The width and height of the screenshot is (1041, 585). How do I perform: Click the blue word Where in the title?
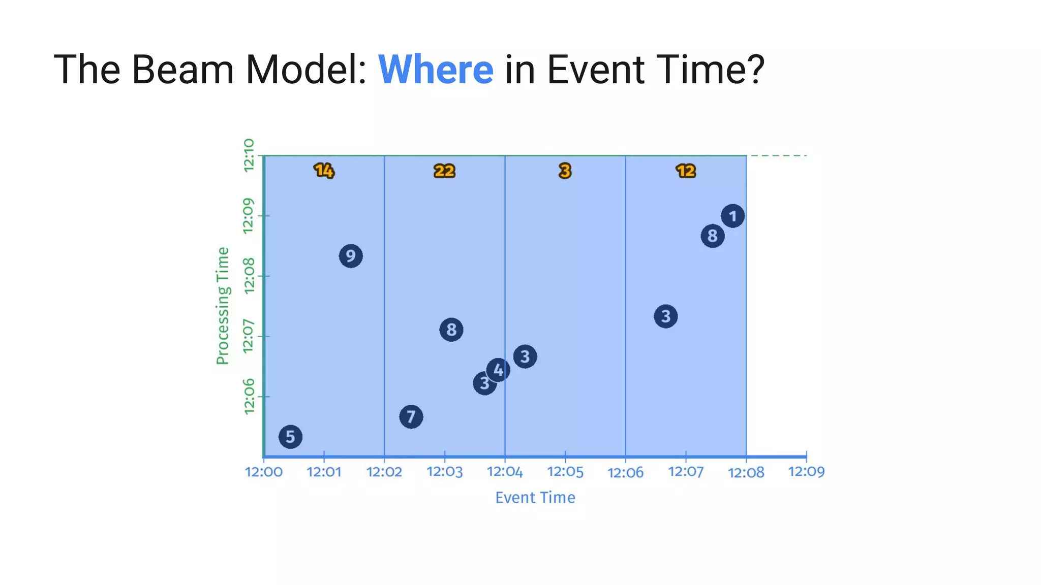click(x=436, y=70)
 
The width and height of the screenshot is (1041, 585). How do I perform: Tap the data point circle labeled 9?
click(x=351, y=256)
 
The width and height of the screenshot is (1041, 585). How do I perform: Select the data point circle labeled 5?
click(x=290, y=437)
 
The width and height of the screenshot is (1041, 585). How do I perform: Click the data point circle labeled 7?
click(x=411, y=417)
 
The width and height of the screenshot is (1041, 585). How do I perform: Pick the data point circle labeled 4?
click(x=498, y=370)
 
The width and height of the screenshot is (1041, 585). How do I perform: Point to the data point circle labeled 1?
click(x=732, y=216)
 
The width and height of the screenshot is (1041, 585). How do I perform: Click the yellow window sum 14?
click(x=324, y=171)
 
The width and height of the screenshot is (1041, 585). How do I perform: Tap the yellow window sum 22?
click(x=444, y=171)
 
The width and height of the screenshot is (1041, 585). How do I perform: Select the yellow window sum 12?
click(x=686, y=171)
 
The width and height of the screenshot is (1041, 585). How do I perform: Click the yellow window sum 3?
click(x=565, y=171)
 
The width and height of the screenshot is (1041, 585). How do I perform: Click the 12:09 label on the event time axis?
click(x=806, y=472)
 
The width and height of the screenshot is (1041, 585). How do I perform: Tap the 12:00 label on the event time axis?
click(x=264, y=472)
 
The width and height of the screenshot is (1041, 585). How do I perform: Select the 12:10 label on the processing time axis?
click(x=249, y=155)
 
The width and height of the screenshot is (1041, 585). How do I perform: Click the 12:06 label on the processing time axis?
click(x=249, y=397)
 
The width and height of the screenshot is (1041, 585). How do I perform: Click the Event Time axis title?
click(x=535, y=498)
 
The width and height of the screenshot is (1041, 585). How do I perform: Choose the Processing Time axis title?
click(x=223, y=306)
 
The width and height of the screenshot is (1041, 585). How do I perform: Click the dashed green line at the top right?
click(x=779, y=155)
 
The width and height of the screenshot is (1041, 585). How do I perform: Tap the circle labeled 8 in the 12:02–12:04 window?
click(x=451, y=330)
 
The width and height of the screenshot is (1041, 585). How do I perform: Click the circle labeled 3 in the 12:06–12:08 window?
click(x=665, y=317)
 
